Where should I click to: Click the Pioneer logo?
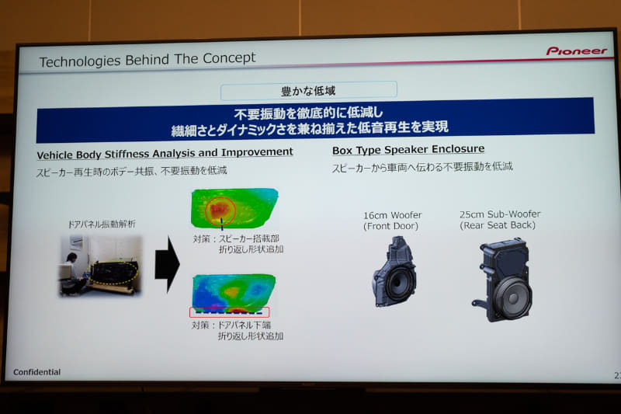(x=575, y=51)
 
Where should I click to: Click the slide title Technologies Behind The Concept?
(x=147, y=60)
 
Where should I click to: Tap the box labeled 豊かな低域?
(x=308, y=91)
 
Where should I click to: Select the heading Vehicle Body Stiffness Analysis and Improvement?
(x=165, y=152)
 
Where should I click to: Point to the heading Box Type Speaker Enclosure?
(x=408, y=149)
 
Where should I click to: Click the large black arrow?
(x=167, y=264)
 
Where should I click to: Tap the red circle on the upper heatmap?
(x=220, y=209)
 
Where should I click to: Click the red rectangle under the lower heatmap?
(x=230, y=312)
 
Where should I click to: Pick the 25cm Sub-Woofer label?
(x=500, y=214)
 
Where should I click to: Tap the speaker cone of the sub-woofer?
(x=512, y=297)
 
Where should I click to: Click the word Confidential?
(x=36, y=372)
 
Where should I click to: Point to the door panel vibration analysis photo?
(x=101, y=265)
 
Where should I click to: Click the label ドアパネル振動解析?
(x=101, y=224)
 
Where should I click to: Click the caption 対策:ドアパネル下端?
(x=232, y=325)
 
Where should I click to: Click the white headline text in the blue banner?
(x=310, y=120)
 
